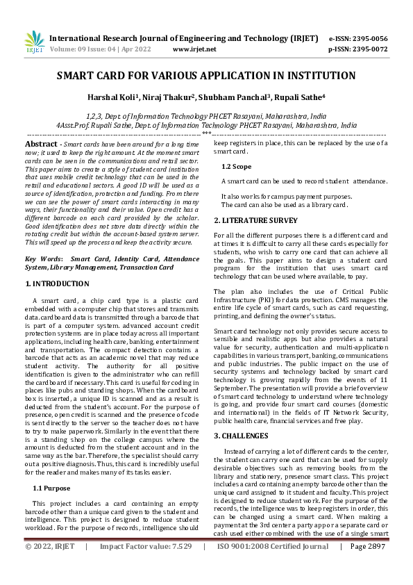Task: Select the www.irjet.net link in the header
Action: pos(194,49)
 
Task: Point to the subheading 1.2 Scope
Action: pos(236,166)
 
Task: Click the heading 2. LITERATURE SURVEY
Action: pos(256,220)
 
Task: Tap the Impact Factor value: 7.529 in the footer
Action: pos(146,567)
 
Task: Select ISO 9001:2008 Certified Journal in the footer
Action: pos(273,567)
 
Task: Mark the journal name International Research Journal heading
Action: pos(184,38)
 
